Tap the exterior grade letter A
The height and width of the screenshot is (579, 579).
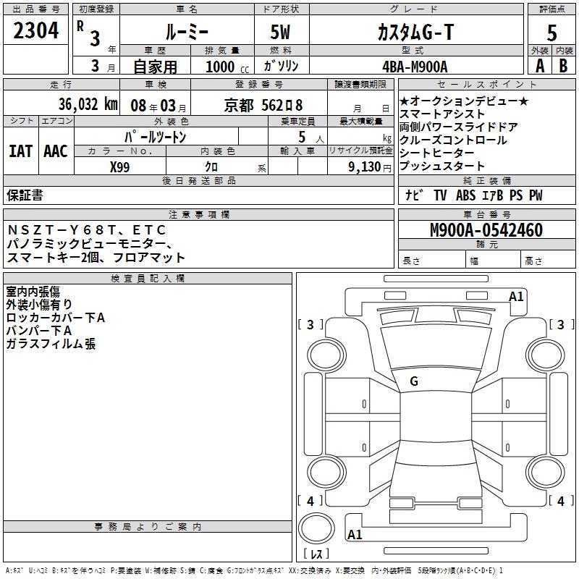point(539,65)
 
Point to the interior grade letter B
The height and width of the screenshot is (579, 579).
point(564,65)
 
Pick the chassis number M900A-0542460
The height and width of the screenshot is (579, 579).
point(486,230)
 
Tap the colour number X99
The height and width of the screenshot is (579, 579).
point(121,166)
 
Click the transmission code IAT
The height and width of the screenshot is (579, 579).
point(20,151)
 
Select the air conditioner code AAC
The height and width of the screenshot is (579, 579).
point(56,151)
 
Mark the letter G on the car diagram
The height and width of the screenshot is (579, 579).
point(414,381)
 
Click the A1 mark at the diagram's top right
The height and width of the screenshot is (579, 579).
point(516,296)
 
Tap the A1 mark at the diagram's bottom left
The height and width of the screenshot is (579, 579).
point(355,535)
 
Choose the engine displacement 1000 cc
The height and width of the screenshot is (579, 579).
point(224,66)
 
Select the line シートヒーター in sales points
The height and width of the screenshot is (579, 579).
point(437,153)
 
